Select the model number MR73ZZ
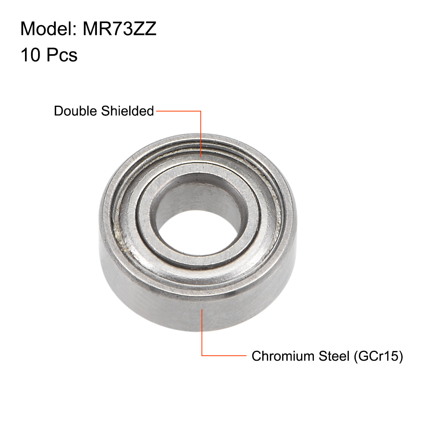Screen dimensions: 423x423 coord(120,29)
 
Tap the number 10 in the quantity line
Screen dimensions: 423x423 coord(30,55)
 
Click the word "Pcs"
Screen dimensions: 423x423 coord(62,55)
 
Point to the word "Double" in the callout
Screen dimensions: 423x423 coord(76,111)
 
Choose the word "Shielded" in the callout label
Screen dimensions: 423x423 coord(127,111)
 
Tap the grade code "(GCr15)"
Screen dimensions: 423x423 coord(377,356)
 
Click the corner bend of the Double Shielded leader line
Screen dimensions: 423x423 coord(201,112)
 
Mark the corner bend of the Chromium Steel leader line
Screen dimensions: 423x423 coord(202,356)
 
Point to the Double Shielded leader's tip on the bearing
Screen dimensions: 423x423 coord(201,157)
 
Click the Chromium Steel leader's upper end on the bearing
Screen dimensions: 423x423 coord(202,309)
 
